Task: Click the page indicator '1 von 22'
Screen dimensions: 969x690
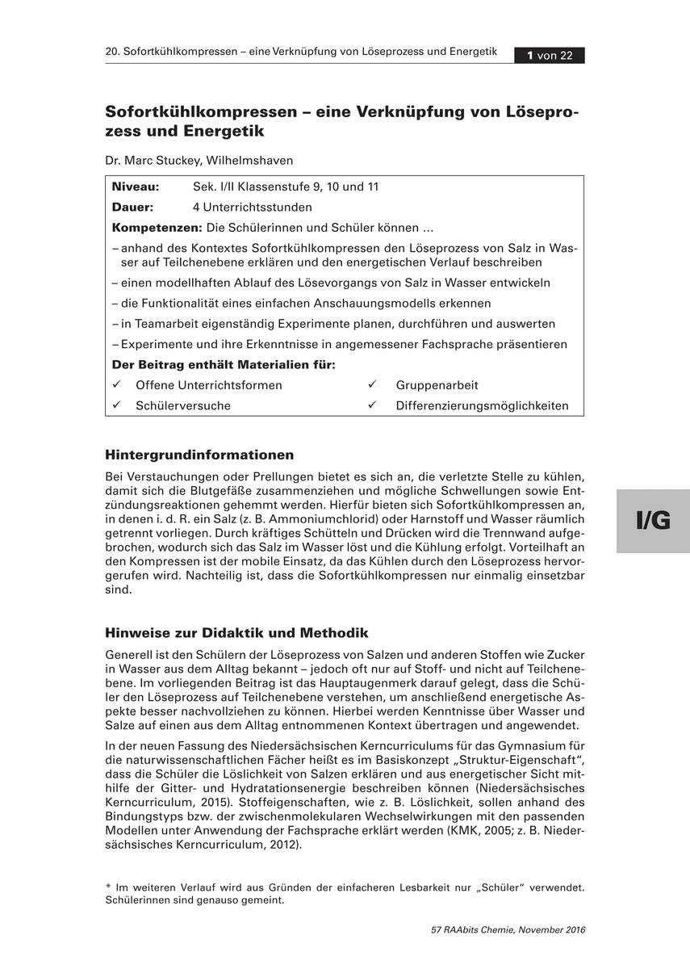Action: click(550, 56)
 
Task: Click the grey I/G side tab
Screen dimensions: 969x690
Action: click(653, 521)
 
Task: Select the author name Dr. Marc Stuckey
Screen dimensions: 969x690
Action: click(154, 160)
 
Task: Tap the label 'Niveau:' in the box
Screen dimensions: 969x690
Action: click(135, 187)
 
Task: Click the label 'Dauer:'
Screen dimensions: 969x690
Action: click(132, 207)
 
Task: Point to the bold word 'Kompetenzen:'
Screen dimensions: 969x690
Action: click(157, 227)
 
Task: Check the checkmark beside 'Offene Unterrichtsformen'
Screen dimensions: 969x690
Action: click(118, 384)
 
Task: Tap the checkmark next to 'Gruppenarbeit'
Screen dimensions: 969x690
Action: click(372, 384)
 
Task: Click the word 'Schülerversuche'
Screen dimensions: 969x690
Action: click(183, 406)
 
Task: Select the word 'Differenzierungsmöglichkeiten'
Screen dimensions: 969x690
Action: click(482, 406)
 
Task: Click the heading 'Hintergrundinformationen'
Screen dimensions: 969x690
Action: click(199, 455)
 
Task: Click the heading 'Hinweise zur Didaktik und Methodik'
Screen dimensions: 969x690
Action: click(236, 632)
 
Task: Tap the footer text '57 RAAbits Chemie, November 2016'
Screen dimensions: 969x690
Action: click(508, 929)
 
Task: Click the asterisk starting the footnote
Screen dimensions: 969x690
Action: click(108, 887)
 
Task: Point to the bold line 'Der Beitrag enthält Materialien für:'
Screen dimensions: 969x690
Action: click(224, 364)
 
